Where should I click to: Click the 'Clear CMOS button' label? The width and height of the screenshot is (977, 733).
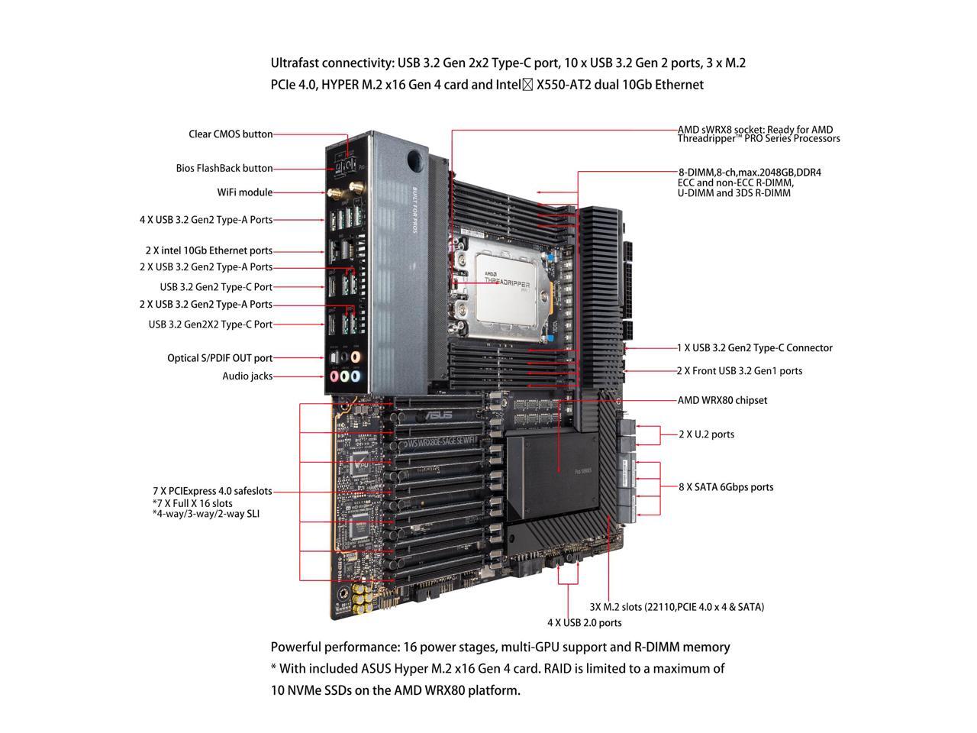tap(231, 134)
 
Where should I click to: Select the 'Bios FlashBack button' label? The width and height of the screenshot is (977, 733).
tap(224, 168)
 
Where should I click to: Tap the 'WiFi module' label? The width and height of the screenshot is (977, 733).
tap(244, 192)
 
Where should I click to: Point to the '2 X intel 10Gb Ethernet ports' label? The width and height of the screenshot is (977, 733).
tap(208, 250)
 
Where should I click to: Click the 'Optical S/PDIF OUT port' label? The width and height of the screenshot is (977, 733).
tap(220, 358)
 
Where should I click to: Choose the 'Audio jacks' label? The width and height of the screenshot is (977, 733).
tap(247, 376)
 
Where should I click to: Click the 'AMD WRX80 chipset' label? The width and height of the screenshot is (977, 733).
tap(722, 400)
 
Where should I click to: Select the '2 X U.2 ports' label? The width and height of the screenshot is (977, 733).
tap(706, 434)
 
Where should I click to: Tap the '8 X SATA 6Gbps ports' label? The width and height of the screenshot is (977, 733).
tap(726, 487)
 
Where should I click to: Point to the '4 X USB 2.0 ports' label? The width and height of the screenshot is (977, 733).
tap(584, 623)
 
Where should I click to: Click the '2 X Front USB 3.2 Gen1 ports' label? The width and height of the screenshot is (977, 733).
tap(739, 371)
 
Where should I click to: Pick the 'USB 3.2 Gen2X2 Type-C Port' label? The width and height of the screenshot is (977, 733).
tap(210, 325)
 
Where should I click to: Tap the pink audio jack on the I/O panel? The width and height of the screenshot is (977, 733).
tap(334, 376)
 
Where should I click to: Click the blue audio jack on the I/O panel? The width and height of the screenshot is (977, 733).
tap(345, 376)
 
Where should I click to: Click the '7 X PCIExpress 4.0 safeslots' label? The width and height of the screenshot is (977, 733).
tap(212, 492)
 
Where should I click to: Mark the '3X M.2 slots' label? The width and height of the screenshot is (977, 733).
tap(676, 607)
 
